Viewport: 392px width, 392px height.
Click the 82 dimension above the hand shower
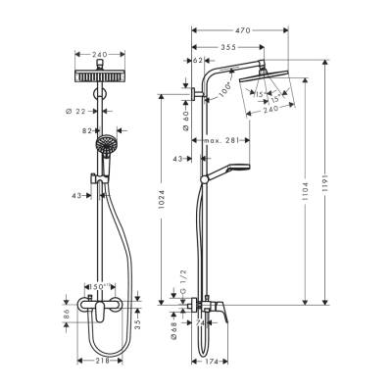pos(86,129)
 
